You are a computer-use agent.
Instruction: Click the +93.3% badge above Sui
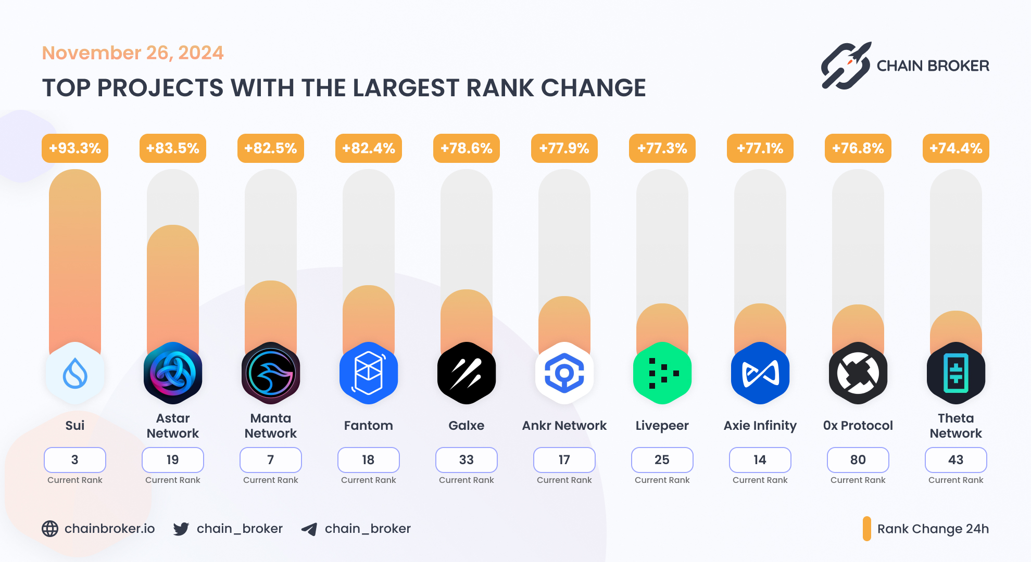pyautogui.click(x=75, y=148)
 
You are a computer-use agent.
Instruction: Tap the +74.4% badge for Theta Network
pyautogui.click(x=955, y=148)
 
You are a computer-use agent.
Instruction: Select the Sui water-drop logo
pyautogui.click(x=75, y=373)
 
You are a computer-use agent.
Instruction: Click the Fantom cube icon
pyautogui.click(x=369, y=373)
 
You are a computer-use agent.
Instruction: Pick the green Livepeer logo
pyautogui.click(x=662, y=373)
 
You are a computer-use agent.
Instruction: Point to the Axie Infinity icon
pyautogui.click(x=760, y=373)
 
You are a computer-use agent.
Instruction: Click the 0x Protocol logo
pyautogui.click(x=858, y=373)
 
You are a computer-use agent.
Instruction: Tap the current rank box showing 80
pyautogui.click(x=858, y=460)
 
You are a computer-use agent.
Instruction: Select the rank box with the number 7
pyautogui.click(x=271, y=460)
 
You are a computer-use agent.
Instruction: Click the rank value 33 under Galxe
pyautogui.click(x=467, y=460)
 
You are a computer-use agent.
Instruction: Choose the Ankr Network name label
pyautogui.click(x=564, y=426)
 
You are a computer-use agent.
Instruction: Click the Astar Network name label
pyautogui.click(x=173, y=426)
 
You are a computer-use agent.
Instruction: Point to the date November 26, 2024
pyautogui.click(x=133, y=53)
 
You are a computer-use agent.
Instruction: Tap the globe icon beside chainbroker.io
pyautogui.click(x=50, y=529)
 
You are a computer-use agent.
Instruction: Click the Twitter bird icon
pyautogui.click(x=181, y=529)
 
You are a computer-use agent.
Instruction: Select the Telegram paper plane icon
pyautogui.click(x=309, y=529)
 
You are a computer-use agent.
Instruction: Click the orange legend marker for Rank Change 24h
pyautogui.click(x=867, y=529)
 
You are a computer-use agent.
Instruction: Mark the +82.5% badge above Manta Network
pyautogui.click(x=271, y=148)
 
